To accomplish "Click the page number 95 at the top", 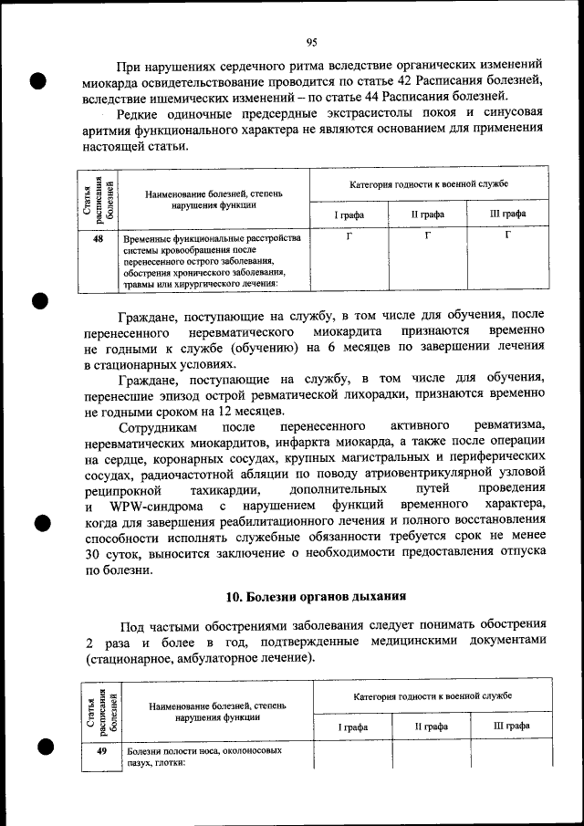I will coord(311,43).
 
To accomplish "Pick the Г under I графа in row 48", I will coord(349,237).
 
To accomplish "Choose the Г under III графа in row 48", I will coord(508,237).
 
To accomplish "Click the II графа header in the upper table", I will coord(427,214).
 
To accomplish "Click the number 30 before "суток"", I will coord(94,554).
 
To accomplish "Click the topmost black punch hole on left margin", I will coord(38,79).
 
